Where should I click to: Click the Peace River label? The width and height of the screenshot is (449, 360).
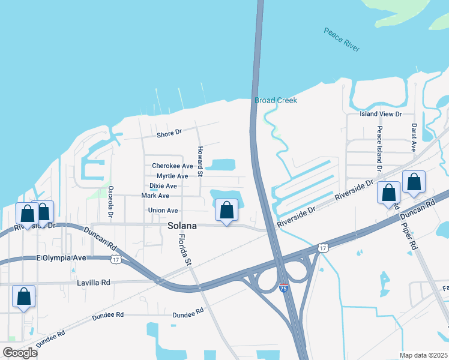pos(342,40)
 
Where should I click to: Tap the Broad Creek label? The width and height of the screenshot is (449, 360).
pos(276,100)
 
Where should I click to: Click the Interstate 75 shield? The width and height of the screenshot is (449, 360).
pos(283,289)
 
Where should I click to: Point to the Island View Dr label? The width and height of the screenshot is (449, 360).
pos(380,114)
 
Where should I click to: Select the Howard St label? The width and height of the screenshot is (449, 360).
pos(200,160)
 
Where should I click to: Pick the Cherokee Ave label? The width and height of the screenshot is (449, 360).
pos(172,166)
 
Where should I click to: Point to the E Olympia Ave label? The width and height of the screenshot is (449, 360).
pos(62,258)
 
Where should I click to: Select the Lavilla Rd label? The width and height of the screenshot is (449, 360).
pos(94,282)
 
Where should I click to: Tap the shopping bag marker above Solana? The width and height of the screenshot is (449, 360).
pos(226,211)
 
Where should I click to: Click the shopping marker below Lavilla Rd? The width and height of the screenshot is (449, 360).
pos(23,296)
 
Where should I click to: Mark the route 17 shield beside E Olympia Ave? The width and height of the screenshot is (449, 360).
pos(116,259)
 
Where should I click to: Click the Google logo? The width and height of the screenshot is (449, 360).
pos(20,353)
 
